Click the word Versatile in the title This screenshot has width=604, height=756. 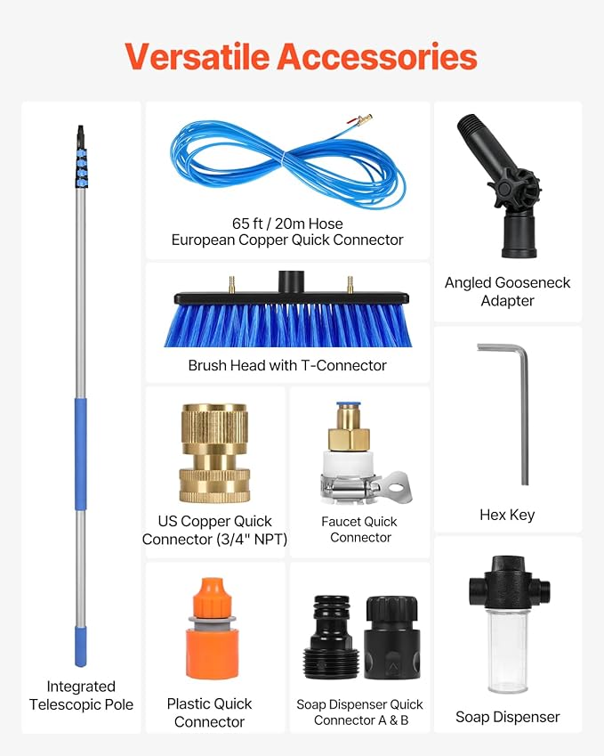click(197, 56)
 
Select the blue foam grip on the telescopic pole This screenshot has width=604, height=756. click(81, 454)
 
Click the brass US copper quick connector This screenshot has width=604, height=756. click(214, 454)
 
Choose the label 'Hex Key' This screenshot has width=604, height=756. click(507, 515)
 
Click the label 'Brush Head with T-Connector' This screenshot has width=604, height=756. click(287, 365)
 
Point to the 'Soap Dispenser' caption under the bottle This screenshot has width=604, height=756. click(508, 717)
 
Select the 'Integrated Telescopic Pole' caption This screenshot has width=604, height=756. click(81, 695)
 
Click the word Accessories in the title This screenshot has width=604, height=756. click(377, 56)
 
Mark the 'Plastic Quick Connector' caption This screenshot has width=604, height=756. click(210, 712)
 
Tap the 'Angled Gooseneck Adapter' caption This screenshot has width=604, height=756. click(508, 291)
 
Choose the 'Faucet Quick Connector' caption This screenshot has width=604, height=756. click(360, 529)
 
